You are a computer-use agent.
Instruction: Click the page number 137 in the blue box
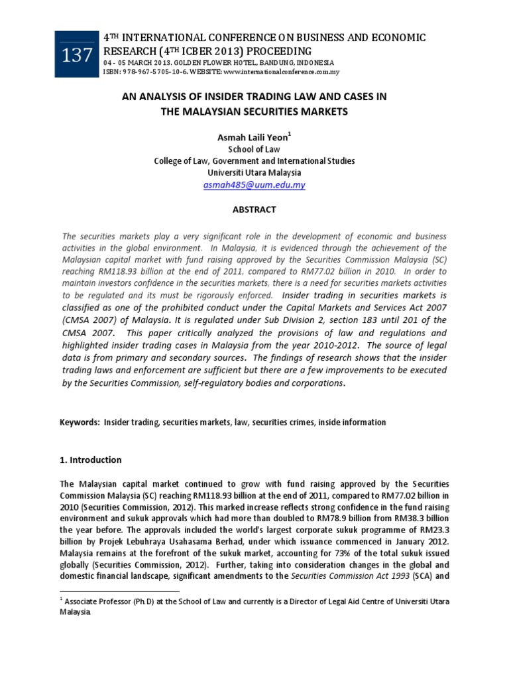coord(78,56)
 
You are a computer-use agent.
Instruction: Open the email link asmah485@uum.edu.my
coord(254,185)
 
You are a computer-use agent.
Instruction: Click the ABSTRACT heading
coord(254,210)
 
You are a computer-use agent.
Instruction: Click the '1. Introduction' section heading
coord(91,460)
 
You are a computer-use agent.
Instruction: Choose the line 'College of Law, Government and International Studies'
coord(254,161)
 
